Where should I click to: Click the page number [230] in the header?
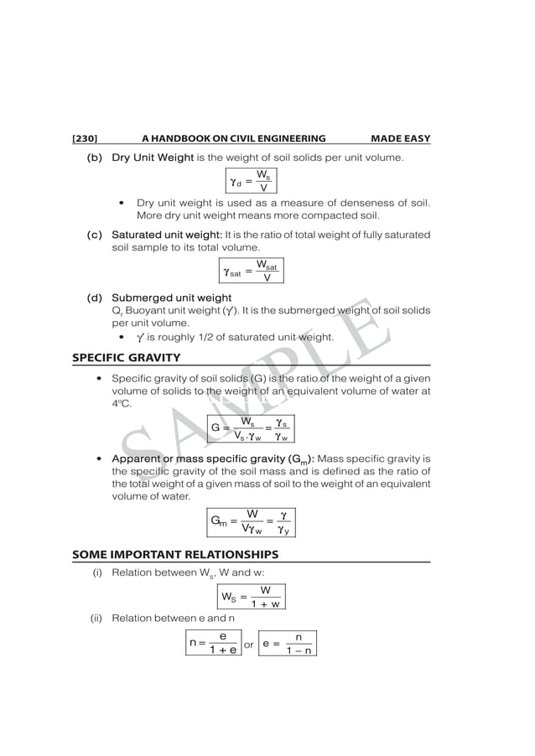(86, 138)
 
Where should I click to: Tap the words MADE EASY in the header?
(400, 138)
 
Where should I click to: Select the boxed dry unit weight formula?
(250, 181)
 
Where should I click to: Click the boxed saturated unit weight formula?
(250, 272)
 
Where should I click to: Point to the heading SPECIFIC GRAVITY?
(126, 358)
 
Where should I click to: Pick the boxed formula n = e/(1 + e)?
(213, 644)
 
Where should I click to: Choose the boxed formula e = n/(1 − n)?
(288, 644)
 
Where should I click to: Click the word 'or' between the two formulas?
(249, 645)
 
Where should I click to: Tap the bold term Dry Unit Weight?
(153, 158)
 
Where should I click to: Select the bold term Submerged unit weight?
(171, 298)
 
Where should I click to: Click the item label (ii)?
(97, 621)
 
